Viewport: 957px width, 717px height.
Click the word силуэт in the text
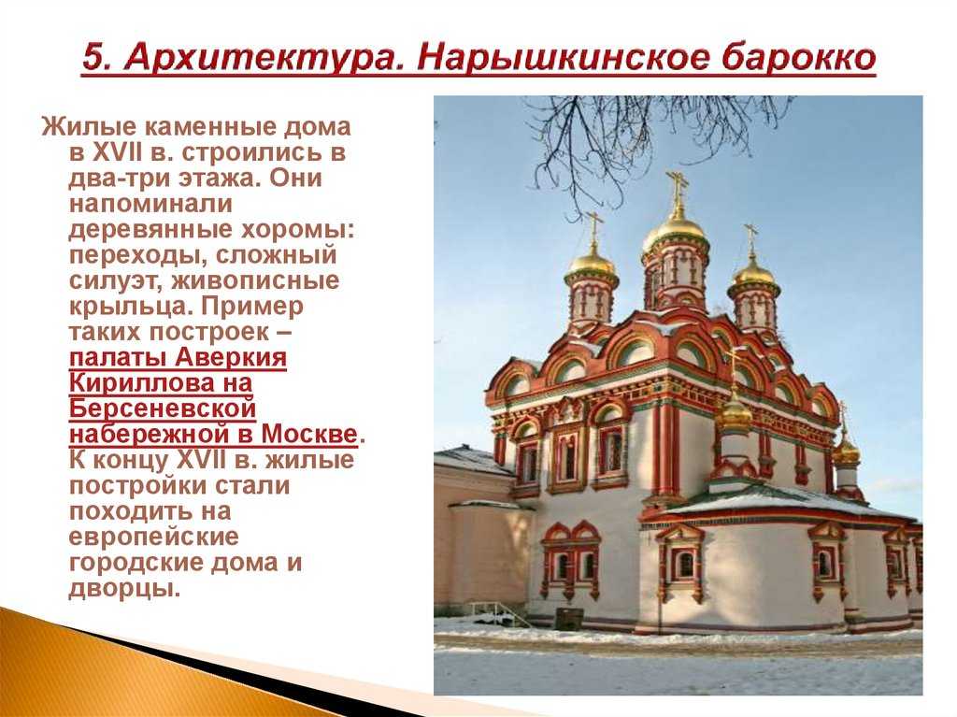coord(115,281)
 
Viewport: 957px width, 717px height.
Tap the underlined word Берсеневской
coord(163,409)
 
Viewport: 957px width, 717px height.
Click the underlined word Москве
coord(308,435)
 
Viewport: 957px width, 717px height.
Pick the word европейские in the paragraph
coord(153,538)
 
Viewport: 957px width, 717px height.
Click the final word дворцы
coord(124,589)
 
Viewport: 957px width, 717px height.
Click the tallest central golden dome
coord(675,231)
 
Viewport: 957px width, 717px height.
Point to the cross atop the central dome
coord(677,189)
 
